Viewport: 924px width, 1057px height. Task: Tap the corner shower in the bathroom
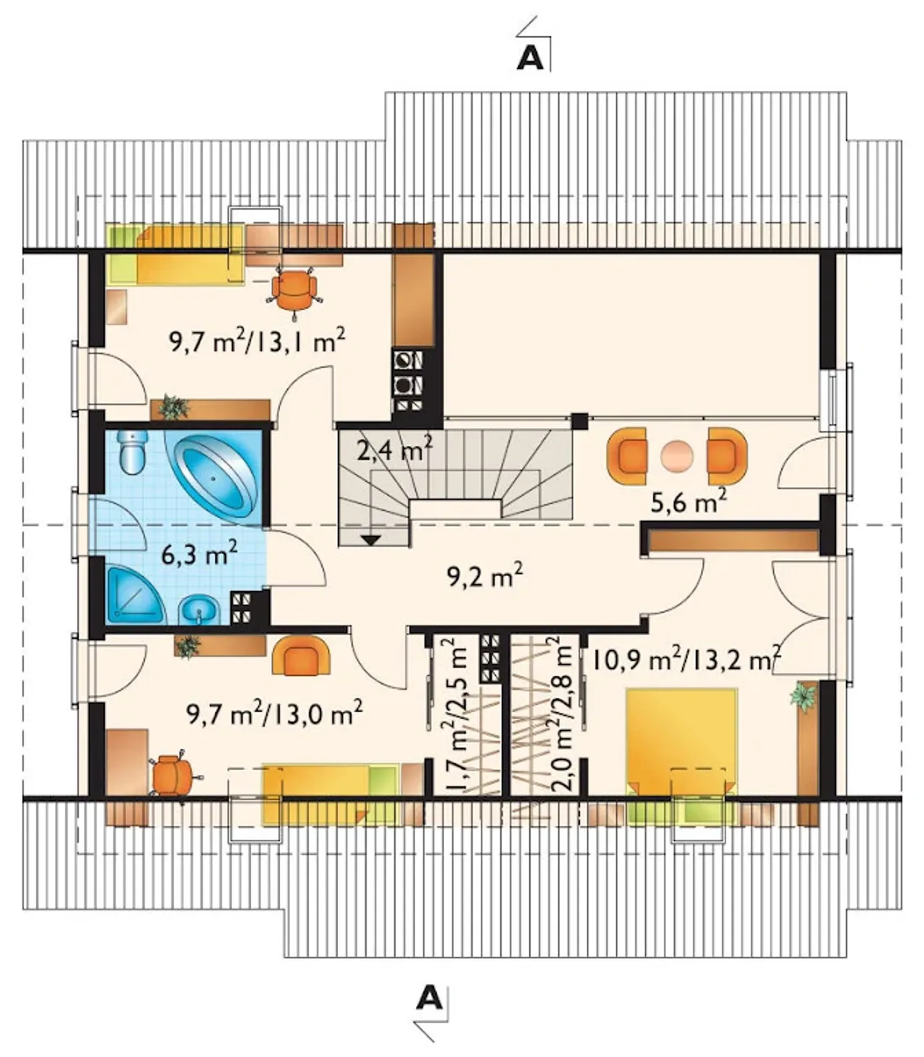[x=134, y=594]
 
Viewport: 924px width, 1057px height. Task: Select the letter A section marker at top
[x=530, y=59]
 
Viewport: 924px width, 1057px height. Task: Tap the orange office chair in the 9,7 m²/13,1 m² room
[x=294, y=291]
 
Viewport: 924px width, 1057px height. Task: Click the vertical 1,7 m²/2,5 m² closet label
[x=454, y=716]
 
